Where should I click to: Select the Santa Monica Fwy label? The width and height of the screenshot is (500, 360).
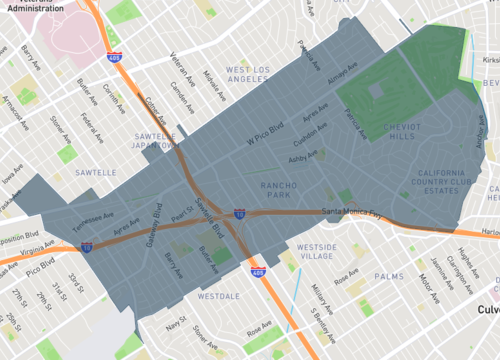(x=348, y=213)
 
